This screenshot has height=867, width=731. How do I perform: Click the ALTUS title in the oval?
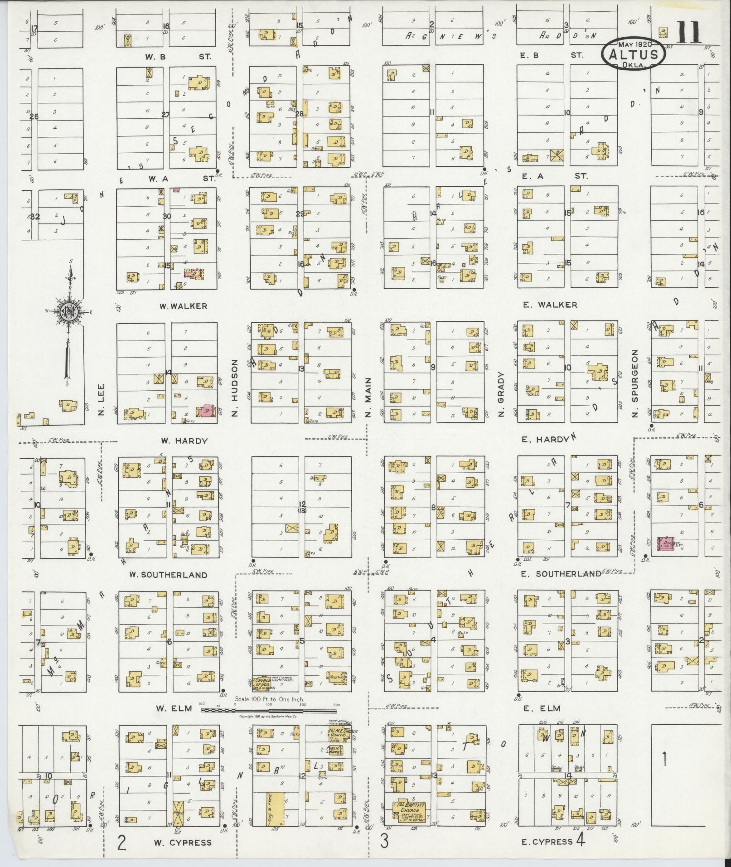[634, 55]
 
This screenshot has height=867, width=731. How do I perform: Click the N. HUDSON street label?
[234, 387]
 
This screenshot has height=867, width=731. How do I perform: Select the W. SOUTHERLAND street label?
[168, 575]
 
